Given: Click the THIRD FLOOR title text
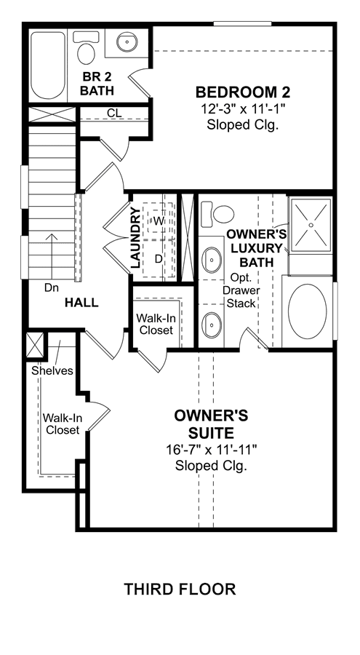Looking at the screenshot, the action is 180,589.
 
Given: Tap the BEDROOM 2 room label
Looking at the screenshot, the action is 244,92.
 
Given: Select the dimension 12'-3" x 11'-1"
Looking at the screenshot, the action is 243,109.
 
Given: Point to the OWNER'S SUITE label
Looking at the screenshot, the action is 211,424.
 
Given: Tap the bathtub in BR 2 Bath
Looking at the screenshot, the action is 49,65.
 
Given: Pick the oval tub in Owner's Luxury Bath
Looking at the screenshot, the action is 308,311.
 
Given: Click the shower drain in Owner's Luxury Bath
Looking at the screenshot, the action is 311,225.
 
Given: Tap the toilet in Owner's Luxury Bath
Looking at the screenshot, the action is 217,213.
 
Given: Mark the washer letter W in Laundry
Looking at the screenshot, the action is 158,221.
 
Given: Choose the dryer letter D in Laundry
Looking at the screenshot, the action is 159,259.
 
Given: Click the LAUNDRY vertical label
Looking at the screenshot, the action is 135,238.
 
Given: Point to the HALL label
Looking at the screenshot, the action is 82,303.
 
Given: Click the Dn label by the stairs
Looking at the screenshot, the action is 52,287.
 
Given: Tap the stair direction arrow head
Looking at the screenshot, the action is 52,237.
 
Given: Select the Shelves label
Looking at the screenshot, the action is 52,370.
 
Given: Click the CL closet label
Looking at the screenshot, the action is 114,113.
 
